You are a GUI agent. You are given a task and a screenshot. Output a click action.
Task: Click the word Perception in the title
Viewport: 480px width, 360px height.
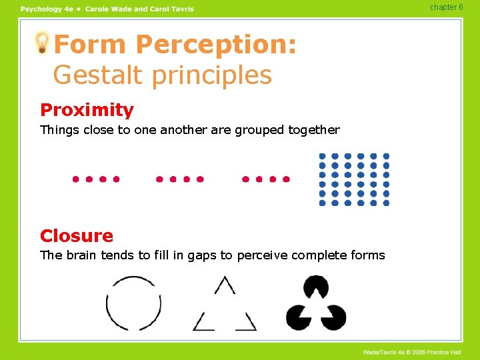(x=215, y=45)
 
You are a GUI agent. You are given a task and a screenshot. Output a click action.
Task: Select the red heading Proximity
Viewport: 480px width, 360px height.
(x=87, y=110)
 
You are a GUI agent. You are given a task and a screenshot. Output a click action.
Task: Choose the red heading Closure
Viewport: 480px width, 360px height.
(x=77, y=236)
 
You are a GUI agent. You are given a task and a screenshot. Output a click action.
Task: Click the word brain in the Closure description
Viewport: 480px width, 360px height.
(x=81, y=255)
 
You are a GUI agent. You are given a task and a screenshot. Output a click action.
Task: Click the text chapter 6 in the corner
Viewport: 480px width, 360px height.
(x=446, y=7)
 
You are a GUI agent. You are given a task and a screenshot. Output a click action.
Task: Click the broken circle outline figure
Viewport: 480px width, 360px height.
(x=133, y=303)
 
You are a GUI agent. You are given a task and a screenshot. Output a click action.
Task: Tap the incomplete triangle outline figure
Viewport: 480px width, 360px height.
(x=225, y=305)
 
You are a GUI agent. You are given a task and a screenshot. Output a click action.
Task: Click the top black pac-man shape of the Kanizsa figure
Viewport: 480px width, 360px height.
(x=315, y=287)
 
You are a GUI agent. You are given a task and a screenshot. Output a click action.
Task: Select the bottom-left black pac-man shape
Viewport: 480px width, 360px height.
(x=297, y=317)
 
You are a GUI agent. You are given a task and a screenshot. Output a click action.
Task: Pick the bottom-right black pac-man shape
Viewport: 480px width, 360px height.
(x=334, y=317)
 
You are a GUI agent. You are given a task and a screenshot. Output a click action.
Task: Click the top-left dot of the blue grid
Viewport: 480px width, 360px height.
(x=323, y=157)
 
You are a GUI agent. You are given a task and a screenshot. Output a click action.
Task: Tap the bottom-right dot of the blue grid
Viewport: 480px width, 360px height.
(x=386, y=203)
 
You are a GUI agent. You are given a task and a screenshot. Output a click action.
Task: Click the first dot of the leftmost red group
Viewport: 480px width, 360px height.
(x=75, y=179)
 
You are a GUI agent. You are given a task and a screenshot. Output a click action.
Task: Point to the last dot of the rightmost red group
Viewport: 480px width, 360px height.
(x=287, y=179)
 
